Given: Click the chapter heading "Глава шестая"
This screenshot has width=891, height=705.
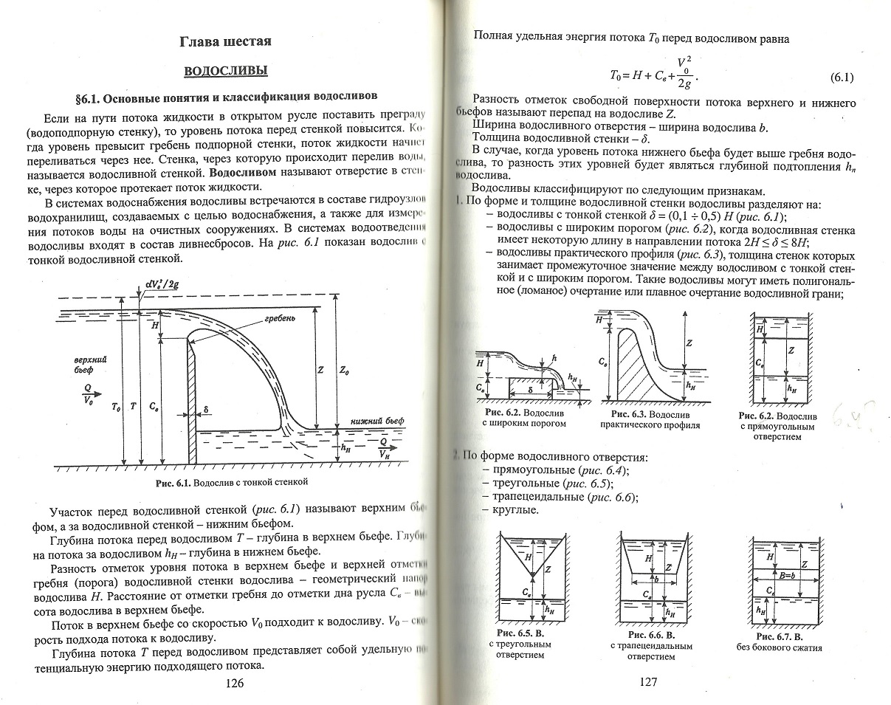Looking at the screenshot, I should (x=226, y=41).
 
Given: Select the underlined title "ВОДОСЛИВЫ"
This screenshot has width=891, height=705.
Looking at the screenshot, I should (x=225, y=72).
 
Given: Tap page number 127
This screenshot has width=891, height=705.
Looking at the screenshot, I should (x=646, y=682).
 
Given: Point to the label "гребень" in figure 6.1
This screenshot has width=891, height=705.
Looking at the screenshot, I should (x=280, y=320).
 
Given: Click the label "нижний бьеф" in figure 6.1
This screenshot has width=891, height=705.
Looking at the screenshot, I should (x=381, y=420).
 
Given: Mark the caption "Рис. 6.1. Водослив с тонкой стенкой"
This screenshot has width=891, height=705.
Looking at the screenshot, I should (x=231, y=482).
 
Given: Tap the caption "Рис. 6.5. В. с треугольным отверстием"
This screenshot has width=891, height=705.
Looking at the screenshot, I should (x=520, y=644).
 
